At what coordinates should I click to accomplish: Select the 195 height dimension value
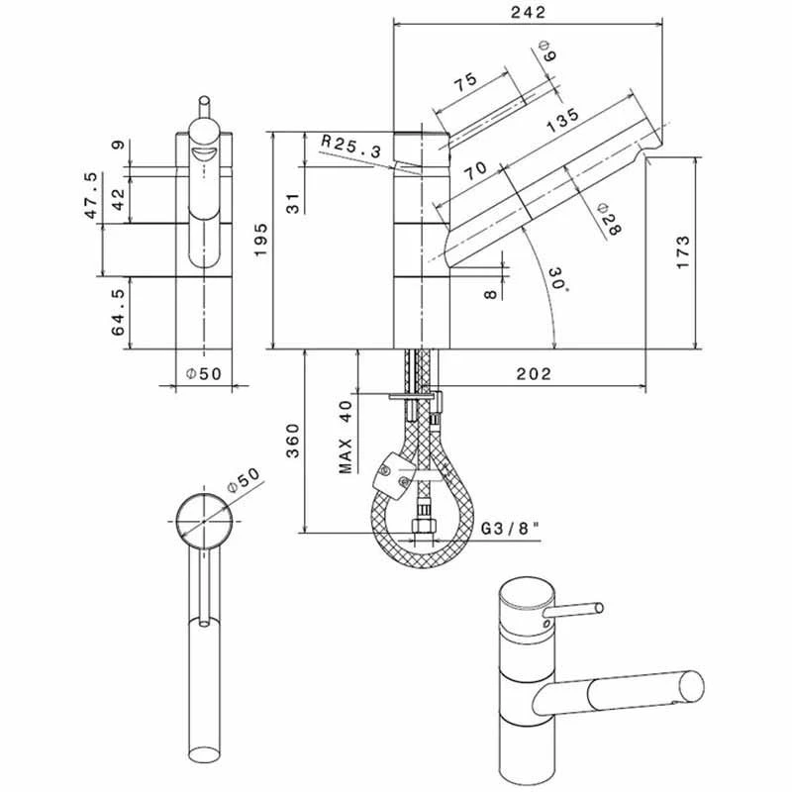pyautogui.click(x=260, y=240)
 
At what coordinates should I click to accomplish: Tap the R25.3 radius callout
pyautogui.click(x=351, y=147)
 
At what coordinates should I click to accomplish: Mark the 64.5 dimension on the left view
pyautogui.click(x=120, y=313)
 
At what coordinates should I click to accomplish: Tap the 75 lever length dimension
pyautogui.click(x=465, y=83)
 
